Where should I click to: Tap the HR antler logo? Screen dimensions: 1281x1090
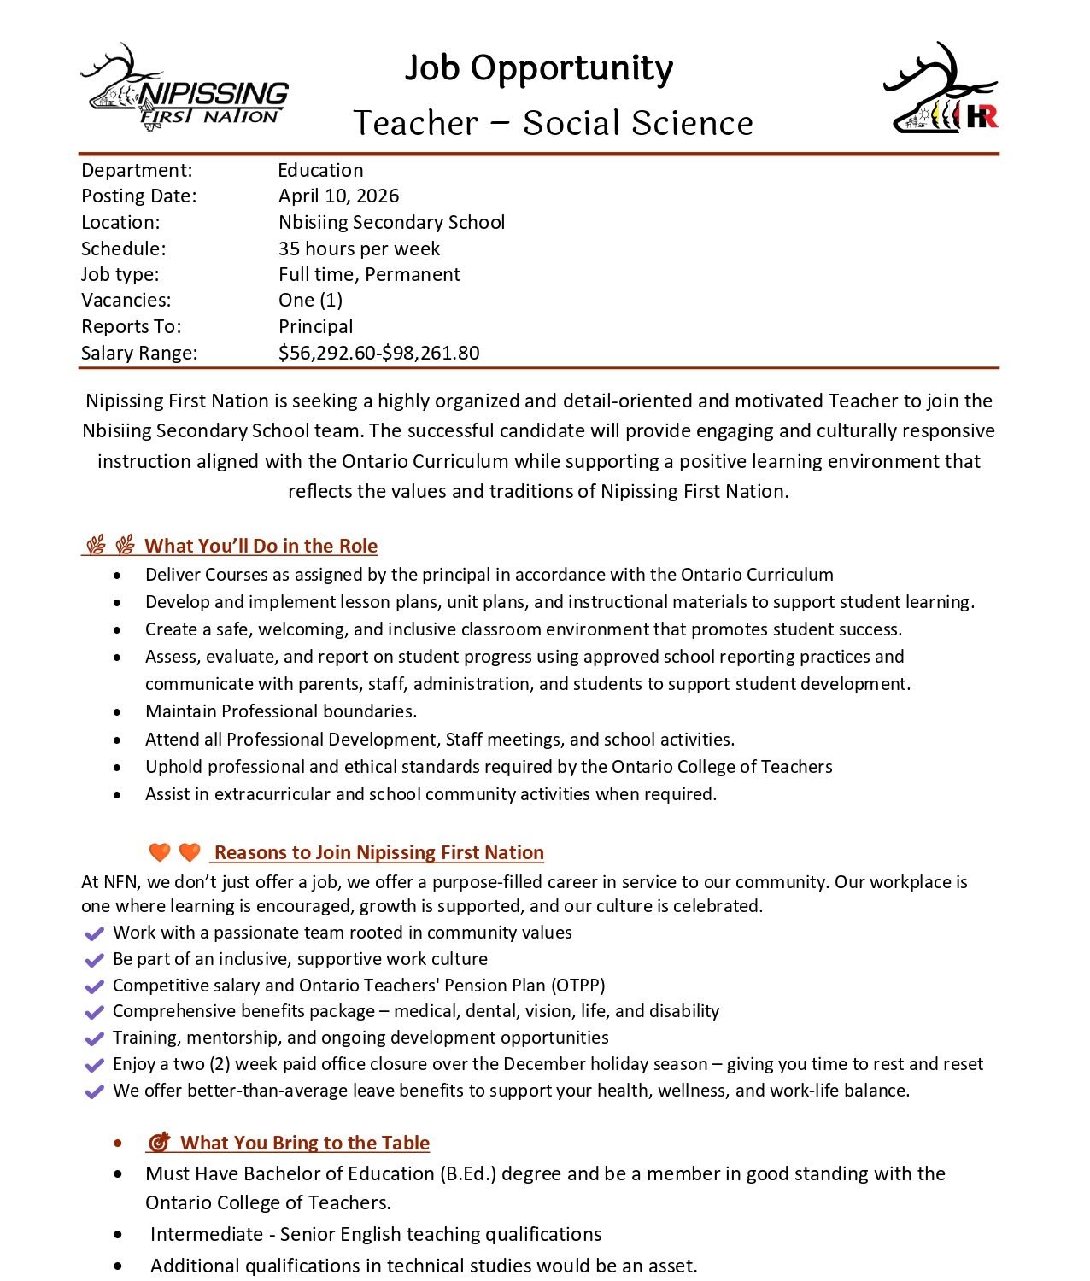pos(941,89)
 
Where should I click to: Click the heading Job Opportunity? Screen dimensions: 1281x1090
pos(538,68)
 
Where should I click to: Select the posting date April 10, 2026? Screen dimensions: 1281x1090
pos(338,196)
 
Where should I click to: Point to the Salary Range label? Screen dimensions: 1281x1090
pos(139,353)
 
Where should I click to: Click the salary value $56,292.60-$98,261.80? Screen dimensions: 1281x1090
pos(378,353)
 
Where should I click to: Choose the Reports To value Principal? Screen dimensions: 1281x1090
pos(315,326)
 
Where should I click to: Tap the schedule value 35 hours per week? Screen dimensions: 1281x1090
pos(359,249)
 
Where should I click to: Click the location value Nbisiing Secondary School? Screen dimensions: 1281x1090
pos(391,222)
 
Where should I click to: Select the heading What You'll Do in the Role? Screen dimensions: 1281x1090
pos(261,546)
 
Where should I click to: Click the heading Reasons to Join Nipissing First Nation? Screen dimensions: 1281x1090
pos(378,852)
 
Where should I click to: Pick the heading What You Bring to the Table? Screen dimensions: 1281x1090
pos(304,1143)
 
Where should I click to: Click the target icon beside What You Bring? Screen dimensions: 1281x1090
pos(159,1143)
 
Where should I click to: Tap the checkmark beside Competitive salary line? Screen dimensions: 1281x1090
pos(95,986)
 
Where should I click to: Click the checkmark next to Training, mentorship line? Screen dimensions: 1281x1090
pos(95,1038)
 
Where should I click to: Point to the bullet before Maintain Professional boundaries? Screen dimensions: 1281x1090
pos(118,712)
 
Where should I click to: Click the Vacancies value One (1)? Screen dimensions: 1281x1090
pos(310,300)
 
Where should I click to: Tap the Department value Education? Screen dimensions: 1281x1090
pos(320,170)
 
